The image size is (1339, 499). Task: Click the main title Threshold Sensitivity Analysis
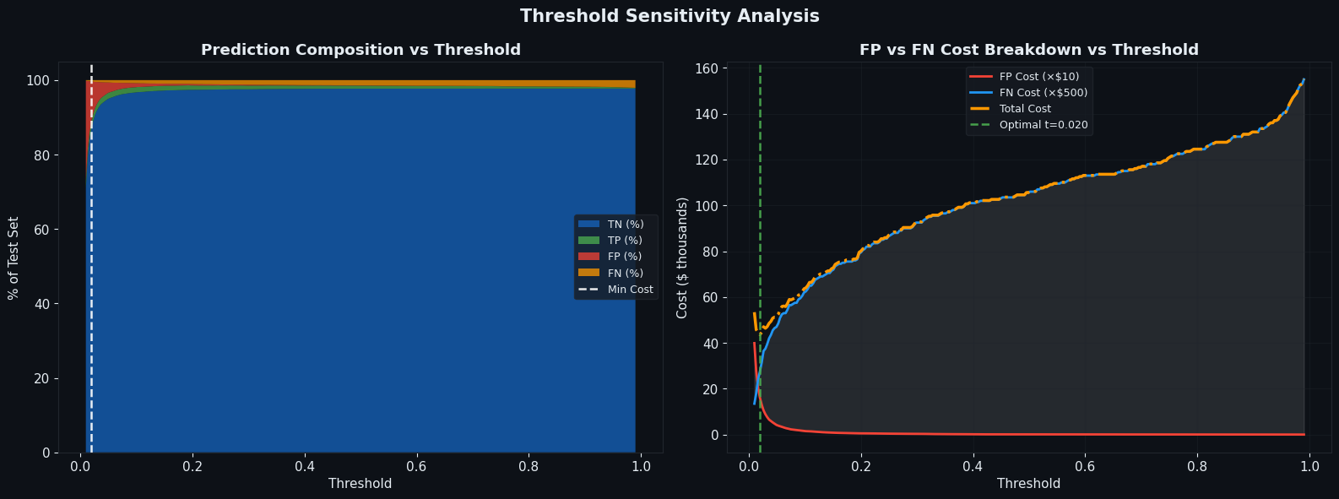pos(669,16)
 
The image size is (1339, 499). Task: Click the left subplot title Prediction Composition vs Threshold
pos(360,50)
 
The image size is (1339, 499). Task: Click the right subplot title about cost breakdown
pos(1028,50)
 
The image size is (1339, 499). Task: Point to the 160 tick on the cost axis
pos(707,68)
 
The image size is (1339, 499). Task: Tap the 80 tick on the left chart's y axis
pos(40,155)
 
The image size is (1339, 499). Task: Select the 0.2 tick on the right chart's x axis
pos(861,466)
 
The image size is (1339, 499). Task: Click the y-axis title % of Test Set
pos(14,258)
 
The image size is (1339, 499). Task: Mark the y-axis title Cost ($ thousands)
pos(682,258)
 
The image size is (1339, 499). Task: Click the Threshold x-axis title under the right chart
pos(1028,484)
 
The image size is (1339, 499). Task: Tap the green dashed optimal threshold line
pos(760,211)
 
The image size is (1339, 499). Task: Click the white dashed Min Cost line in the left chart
pos(91,253)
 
